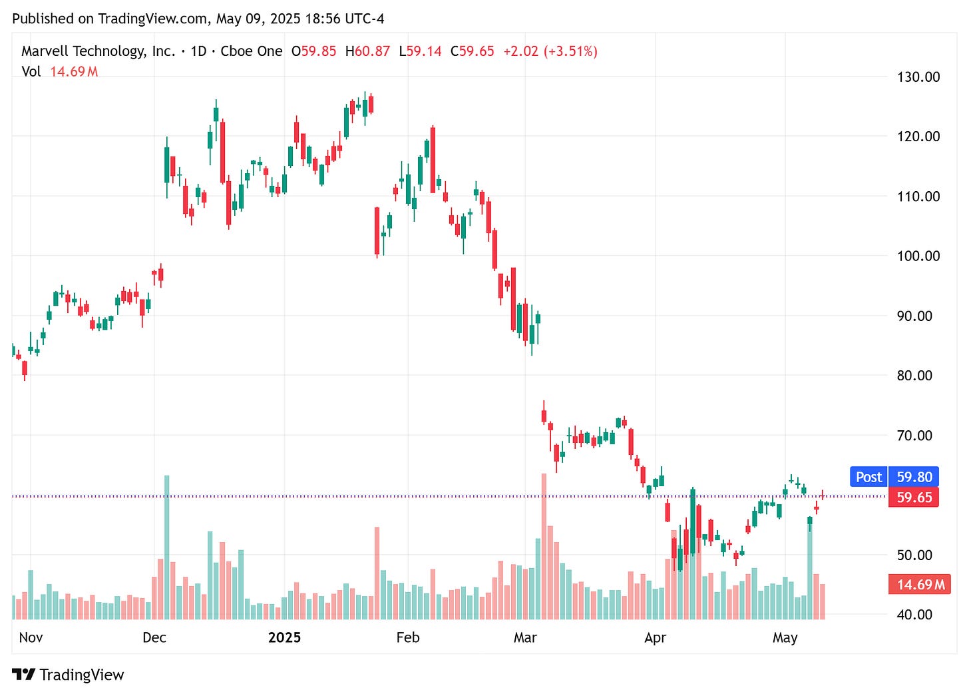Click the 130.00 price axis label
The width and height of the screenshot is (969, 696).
tap(918, 77)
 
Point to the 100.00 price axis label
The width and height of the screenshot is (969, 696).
tap(918, 256)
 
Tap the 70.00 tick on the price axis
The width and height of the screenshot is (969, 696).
tap(918, 436)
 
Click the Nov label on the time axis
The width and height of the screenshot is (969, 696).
tap(31, 637)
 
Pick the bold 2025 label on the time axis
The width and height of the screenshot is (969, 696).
tap(284, 637)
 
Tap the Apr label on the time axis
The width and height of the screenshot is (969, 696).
tap(655, 637)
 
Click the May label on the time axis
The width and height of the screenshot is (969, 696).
tap(785, 637)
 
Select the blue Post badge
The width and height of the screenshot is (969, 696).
tap(869, 477)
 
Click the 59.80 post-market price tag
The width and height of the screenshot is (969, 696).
tap(914, 477)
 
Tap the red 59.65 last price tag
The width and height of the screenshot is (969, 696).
tap(914, 498)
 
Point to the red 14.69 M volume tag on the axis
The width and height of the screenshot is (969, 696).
tap(920, 585)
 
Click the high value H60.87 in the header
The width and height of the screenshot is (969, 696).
tap(367, 51)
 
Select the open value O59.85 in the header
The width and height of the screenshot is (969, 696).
tap(313, 51)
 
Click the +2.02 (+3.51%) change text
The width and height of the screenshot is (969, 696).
tap(550, 51)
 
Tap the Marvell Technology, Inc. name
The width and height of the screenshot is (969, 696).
tap(98, 51)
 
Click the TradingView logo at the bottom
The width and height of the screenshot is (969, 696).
tap(68, 675)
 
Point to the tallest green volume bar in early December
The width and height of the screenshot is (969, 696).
tap(166, 546)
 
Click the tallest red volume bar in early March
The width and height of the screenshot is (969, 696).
tap(544, 546)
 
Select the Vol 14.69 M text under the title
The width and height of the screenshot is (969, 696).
tap(60, 71)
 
